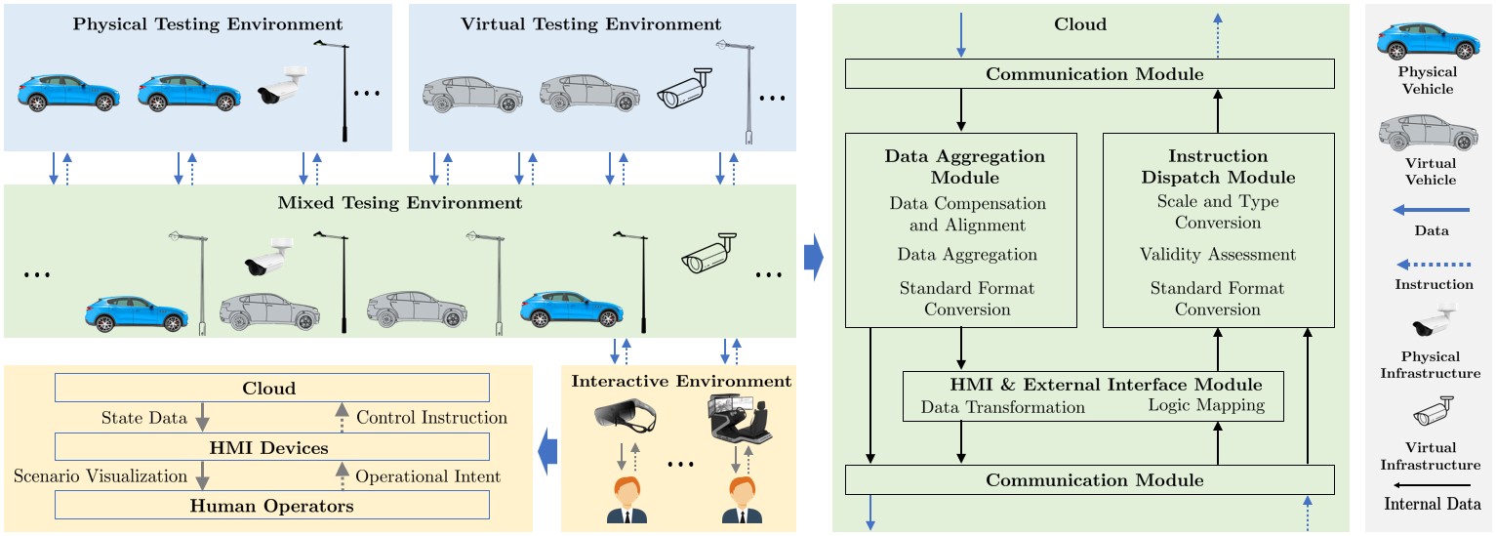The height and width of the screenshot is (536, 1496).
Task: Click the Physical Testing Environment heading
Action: (208, 23)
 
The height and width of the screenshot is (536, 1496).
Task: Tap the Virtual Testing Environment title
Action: (591, 23)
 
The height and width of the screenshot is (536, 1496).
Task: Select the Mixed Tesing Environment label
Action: (401, 203)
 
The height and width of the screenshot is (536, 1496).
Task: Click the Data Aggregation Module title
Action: (964, 167)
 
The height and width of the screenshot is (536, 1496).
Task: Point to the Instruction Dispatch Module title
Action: (1218, 167)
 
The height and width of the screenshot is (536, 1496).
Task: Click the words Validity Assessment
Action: (1218, 255)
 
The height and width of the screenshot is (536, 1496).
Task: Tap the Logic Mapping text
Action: (1206, 406)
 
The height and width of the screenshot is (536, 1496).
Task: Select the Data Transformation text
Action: (1003, 406)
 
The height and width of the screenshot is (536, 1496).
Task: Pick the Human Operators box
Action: (272, 506)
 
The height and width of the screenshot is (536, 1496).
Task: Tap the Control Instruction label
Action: (431, 418)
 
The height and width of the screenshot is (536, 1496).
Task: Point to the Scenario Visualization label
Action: (101, 476)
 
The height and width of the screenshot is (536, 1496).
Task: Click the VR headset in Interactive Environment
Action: (626, 419)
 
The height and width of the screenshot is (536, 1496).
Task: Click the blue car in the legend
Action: (1426, 41)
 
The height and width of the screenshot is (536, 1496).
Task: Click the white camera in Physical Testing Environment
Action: (282, 85)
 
